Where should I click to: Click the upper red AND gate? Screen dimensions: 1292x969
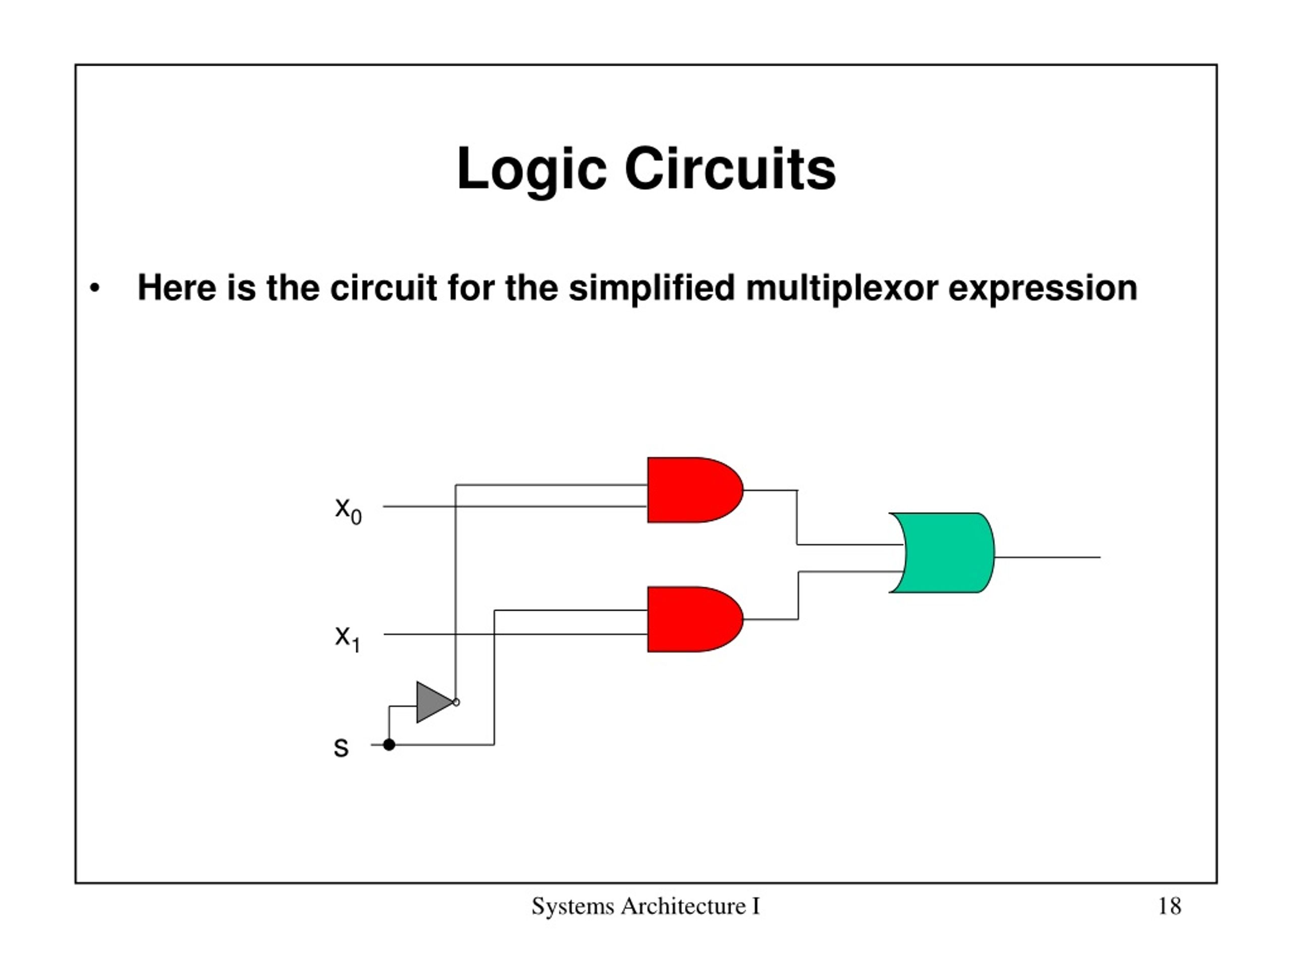tap(695, 490)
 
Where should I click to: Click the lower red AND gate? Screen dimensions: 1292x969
tap(695, 619)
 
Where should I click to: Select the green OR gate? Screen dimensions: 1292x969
tap(942, 553)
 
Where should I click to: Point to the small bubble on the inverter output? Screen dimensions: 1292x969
tap(456, 702)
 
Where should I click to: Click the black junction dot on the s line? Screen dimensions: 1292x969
tap(389, 745)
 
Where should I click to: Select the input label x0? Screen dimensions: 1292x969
tap(348, 511)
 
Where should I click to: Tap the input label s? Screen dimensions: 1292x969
tap(341, 747)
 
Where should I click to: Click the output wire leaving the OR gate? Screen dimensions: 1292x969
tap(1047, 557)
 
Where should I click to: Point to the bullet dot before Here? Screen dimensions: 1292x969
tap(94, 288)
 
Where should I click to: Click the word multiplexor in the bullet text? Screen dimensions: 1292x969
tap(842, 289)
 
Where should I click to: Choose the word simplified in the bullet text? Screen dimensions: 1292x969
tap(651, 289)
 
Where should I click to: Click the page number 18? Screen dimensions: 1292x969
tap(1169, 906)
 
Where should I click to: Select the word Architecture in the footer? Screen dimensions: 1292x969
tap(683, 906)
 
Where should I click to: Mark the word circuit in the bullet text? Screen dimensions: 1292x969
tap(383, 289)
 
